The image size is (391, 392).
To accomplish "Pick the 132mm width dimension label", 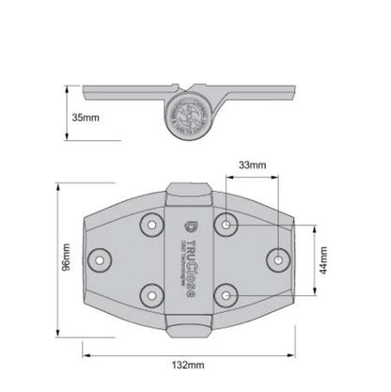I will (189, 364).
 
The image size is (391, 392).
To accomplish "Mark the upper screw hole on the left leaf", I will (149, 222).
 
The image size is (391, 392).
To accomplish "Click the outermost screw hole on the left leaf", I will (98, 256).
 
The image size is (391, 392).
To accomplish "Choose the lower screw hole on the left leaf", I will (149, 292).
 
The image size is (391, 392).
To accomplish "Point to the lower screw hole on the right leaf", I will (229, 292).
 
